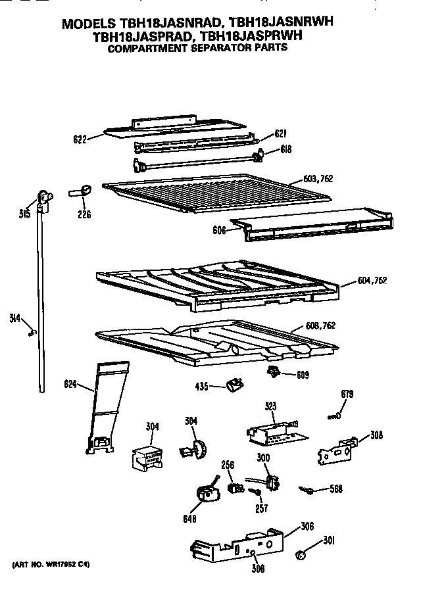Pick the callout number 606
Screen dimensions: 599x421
click(x=219, y=231)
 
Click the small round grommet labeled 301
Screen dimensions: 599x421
click(x=301, y=556)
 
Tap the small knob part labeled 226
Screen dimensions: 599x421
click(x=82, y=191)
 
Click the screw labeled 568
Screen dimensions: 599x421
click(x=307, y=489)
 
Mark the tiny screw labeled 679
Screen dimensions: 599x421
click(x=335, y=415)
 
